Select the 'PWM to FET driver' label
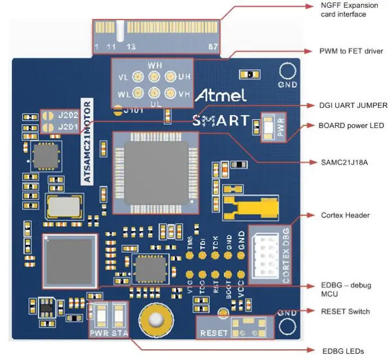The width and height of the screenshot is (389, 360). click(x=351, y=51)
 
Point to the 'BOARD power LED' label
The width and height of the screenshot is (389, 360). click(x=352, y=125)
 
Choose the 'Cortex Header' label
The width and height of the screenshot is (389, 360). click(x=345, y=215)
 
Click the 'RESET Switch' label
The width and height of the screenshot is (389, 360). click(x=345, y=311)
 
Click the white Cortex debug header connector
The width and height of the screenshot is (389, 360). click(x=263, y=253)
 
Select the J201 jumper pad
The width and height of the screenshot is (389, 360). click(x=48, y=127)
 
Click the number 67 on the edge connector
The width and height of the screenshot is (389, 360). click(x=213, y=46)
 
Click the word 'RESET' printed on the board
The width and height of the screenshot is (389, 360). click(x=215, y=333)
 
